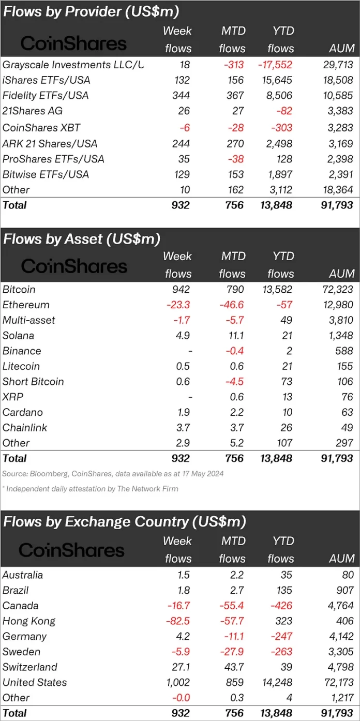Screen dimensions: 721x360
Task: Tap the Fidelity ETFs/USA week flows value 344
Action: click(x=181, y=96)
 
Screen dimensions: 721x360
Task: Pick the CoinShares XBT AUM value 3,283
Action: click(x=340, y=128)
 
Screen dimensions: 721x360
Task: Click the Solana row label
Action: click(x=18, y=335)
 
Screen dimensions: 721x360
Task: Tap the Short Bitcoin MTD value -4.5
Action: click(x=233, y=382)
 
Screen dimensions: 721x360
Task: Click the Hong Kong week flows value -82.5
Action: click(x=178, y=621)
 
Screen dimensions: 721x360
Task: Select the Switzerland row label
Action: click(x=29, y=667)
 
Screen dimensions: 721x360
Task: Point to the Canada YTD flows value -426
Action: click(x=280, y=606)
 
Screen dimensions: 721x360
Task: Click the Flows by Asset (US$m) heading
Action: click(x=82, y=239)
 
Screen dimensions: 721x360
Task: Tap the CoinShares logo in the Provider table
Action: click(x=73, y=44)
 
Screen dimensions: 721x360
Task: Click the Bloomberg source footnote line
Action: click(x=113, y=473)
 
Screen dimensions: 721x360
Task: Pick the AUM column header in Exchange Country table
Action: click(x=342, y=558)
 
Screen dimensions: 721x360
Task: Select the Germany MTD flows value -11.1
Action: click(x=231, y=636)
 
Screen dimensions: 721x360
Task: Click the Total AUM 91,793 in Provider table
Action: click(x=337, y=205)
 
